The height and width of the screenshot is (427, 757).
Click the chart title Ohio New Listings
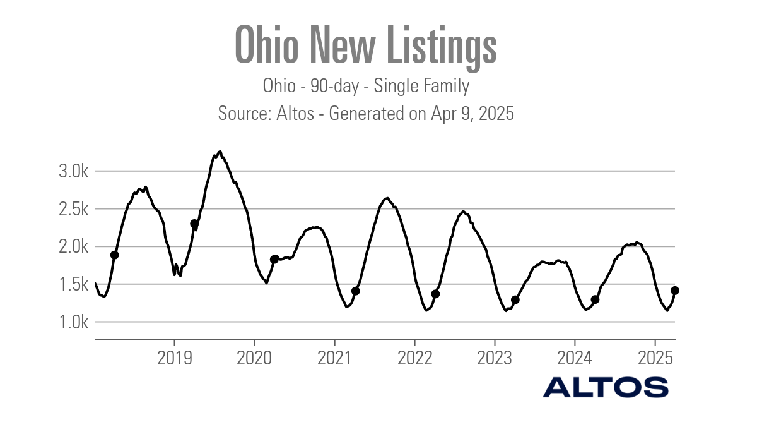[x=366, y=45]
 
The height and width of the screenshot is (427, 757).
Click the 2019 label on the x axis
[x=174, y=358]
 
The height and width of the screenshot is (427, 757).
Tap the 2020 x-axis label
[x=254, y=358]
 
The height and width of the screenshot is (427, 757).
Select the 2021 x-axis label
[x=334, y=358]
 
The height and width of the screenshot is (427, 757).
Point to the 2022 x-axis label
[x=414, y=358]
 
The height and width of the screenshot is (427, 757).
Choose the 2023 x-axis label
[x=495, y=358]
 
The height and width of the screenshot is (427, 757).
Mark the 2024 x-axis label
[x=575, y=358]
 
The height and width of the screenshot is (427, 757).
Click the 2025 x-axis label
[x=655, y=358]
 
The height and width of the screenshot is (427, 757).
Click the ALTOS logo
[x=606, y=387]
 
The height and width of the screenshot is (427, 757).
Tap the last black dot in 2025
[x=674, y=291]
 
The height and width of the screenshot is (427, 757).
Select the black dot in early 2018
[x=114, y=255]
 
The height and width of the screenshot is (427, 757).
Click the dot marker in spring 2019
[x=194, y=224]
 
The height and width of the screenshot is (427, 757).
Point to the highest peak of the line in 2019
[x=220, y=152]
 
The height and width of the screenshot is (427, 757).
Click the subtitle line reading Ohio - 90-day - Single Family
[x=366, y=86]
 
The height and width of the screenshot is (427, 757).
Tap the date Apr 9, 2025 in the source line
[x=472, y=114]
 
